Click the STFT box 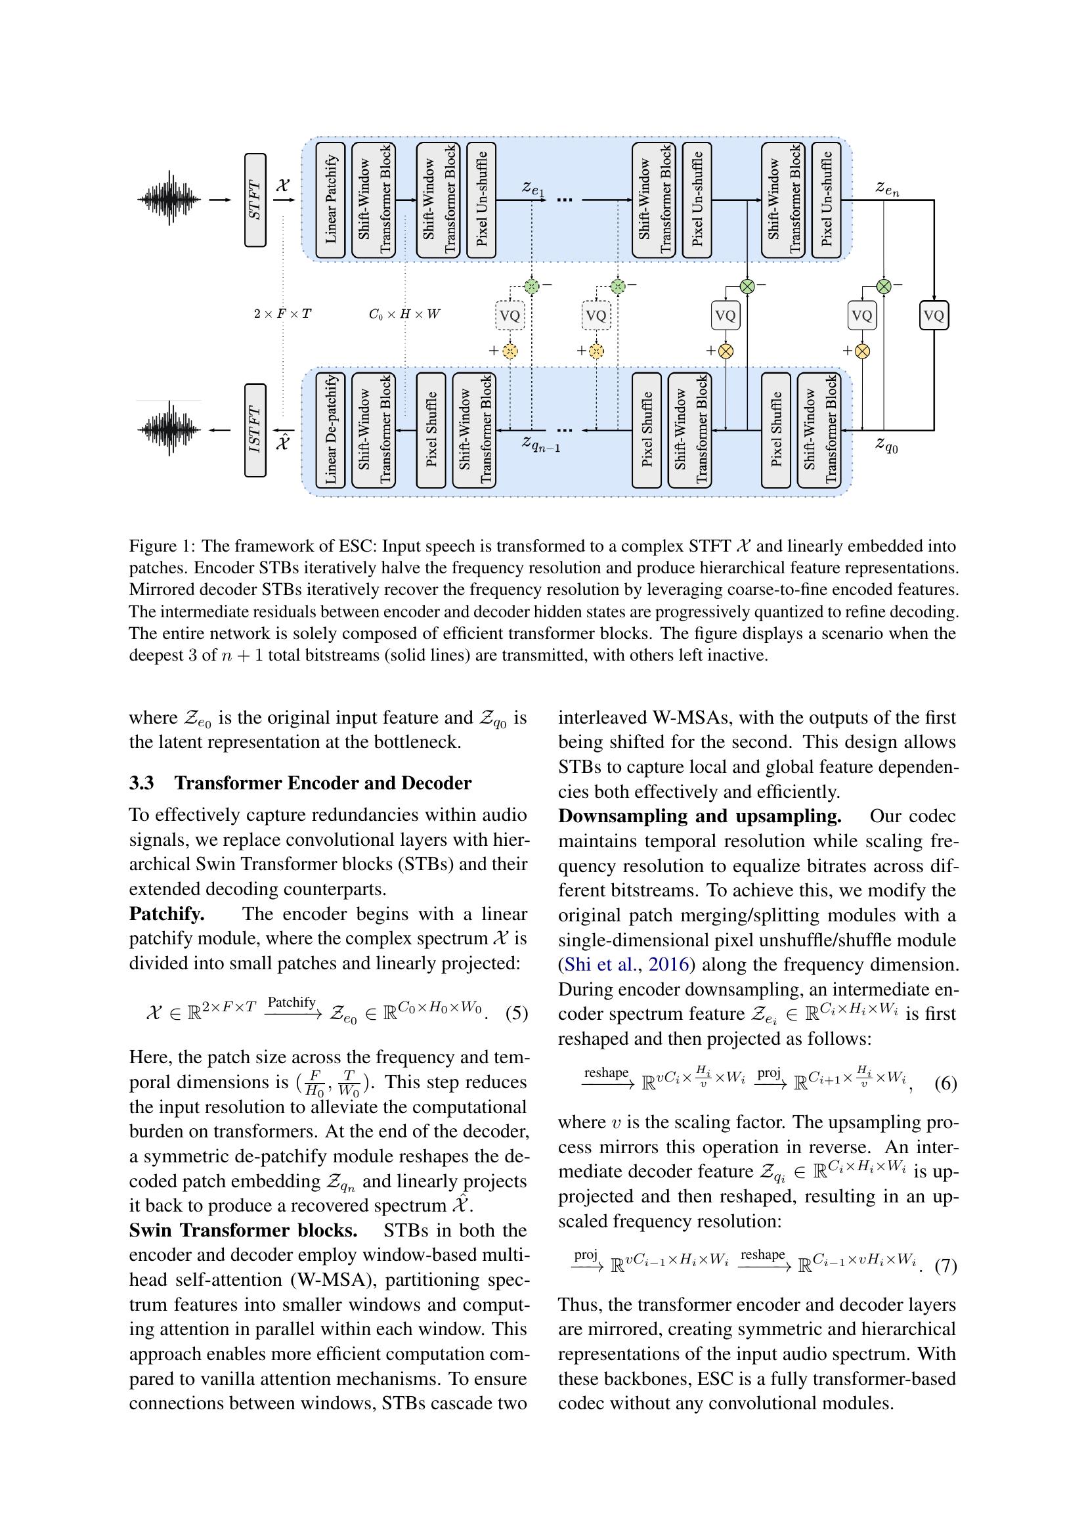255,200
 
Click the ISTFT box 255,430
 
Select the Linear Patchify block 330,200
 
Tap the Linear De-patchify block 330,430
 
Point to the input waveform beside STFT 169,200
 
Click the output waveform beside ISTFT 169,429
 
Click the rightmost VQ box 934,316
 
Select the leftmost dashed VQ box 510,316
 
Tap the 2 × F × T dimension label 282,314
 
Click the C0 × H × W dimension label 404,314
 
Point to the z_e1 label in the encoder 533,189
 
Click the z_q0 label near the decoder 886,444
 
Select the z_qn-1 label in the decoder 540,444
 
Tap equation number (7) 945,1265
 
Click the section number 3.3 142,783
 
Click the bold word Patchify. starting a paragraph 167,914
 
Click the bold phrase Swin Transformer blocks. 243,1230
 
